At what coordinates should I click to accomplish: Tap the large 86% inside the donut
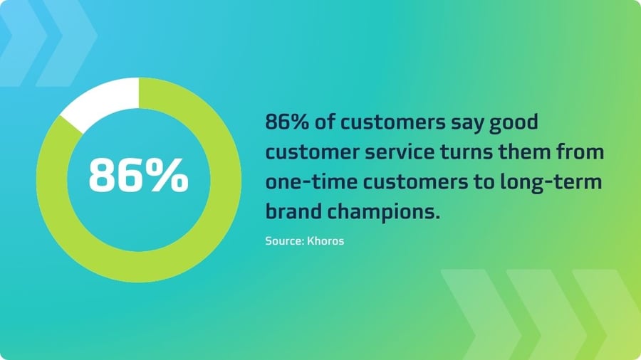point(139,176)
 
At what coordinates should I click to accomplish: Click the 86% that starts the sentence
point(287,122)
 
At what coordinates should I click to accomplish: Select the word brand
point(293,211)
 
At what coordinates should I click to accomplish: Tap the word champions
point(383,213)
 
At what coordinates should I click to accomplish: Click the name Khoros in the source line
point(325,240)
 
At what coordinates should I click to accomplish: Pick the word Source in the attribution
point(284,240)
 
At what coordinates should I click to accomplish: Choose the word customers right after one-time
point(415,182)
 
